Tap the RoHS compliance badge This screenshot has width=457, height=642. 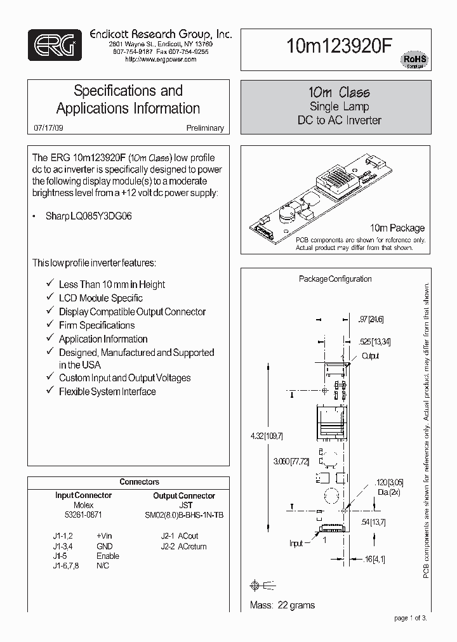coord(414,61)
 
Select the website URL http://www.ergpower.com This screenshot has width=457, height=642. coord(161,59)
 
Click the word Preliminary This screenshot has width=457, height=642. coord(205,128)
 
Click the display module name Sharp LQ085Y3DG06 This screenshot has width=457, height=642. coord(89,216)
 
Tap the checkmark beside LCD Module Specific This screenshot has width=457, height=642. coord(50,298)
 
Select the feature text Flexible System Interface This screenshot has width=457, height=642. coord(107,391)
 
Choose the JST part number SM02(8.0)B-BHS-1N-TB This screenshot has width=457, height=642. coord(184,514)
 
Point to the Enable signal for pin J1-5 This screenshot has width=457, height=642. coord(108,556)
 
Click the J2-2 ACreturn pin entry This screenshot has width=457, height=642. coord(183,546)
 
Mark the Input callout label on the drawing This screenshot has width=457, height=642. coord(297,543)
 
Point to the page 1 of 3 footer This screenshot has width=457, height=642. coord(411,619)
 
